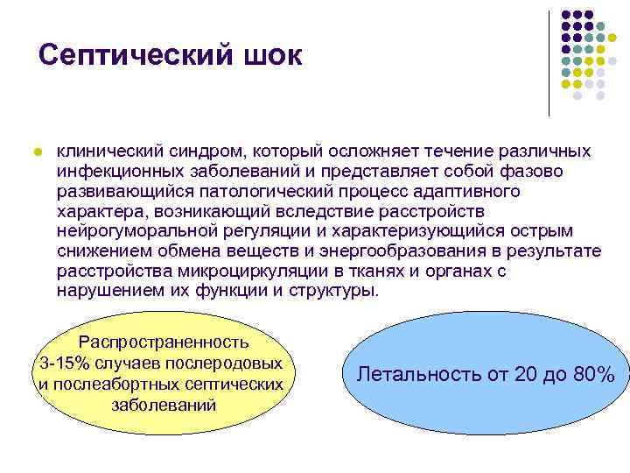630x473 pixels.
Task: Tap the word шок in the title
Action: [269, 56]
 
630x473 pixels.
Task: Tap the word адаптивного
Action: [462, 190]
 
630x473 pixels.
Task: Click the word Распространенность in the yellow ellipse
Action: [164, 342]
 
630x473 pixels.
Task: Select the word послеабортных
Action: [126, 384]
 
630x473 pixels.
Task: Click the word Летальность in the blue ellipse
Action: [416, 374]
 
